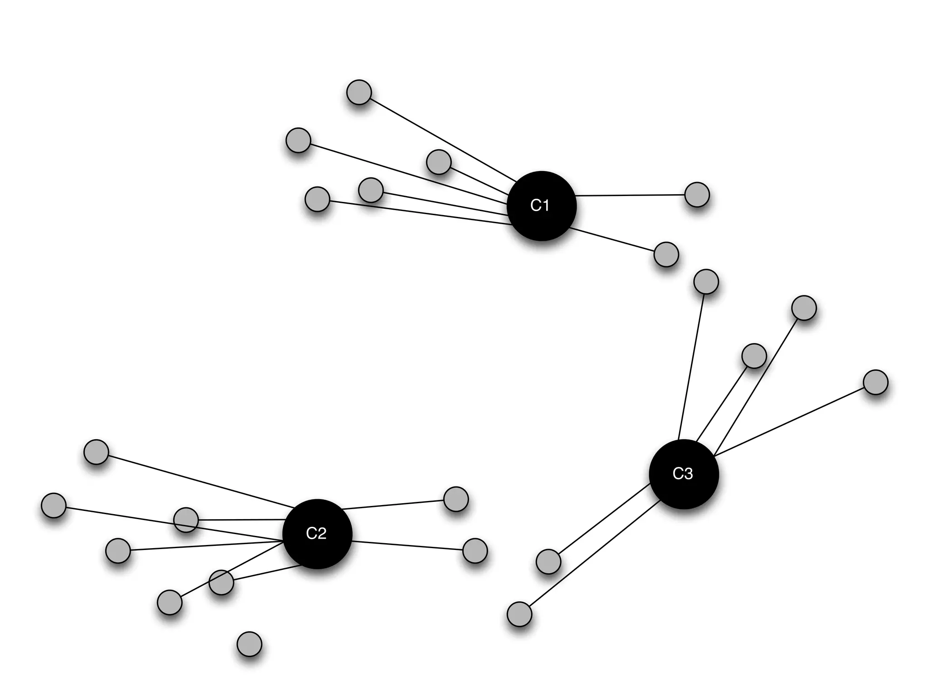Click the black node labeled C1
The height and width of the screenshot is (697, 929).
pos(541,206)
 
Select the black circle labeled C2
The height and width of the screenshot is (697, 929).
pos(317,534)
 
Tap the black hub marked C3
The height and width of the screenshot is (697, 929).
pos(684,474)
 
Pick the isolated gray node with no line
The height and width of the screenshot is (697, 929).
pos(249,644)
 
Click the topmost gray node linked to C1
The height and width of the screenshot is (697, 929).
pos(359,92)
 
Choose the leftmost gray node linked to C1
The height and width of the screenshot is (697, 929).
pos(298,140)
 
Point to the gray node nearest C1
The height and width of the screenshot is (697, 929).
pos(439,162)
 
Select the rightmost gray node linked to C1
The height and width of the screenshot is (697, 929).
pos(697,195)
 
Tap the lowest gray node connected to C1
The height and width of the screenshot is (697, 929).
pos(666,254)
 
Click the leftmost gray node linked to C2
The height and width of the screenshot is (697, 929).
pos(54,505)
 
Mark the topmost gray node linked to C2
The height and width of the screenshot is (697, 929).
pos(96,452)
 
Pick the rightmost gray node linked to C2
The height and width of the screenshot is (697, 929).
pos(475,551)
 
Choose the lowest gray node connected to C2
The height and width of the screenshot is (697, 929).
pos(170,603)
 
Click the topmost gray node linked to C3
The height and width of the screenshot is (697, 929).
pos(706,282)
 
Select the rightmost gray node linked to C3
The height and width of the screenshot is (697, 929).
pos(875,382)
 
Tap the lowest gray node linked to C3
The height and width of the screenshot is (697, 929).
pos(519,614)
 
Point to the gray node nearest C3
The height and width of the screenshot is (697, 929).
pos(754,356)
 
